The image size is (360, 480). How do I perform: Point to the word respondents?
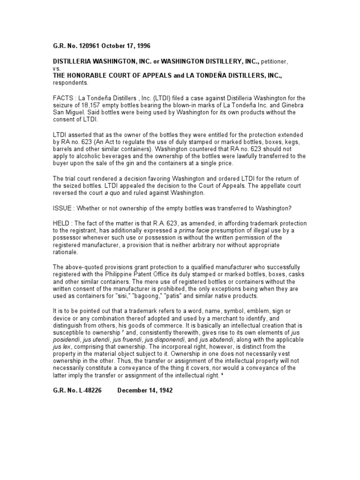click(x=70, y=82)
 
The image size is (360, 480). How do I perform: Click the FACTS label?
click(x=63, y=98)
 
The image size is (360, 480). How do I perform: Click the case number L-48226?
click(x=87, y=390)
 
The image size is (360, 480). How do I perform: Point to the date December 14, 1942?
click(x=145, y=390)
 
